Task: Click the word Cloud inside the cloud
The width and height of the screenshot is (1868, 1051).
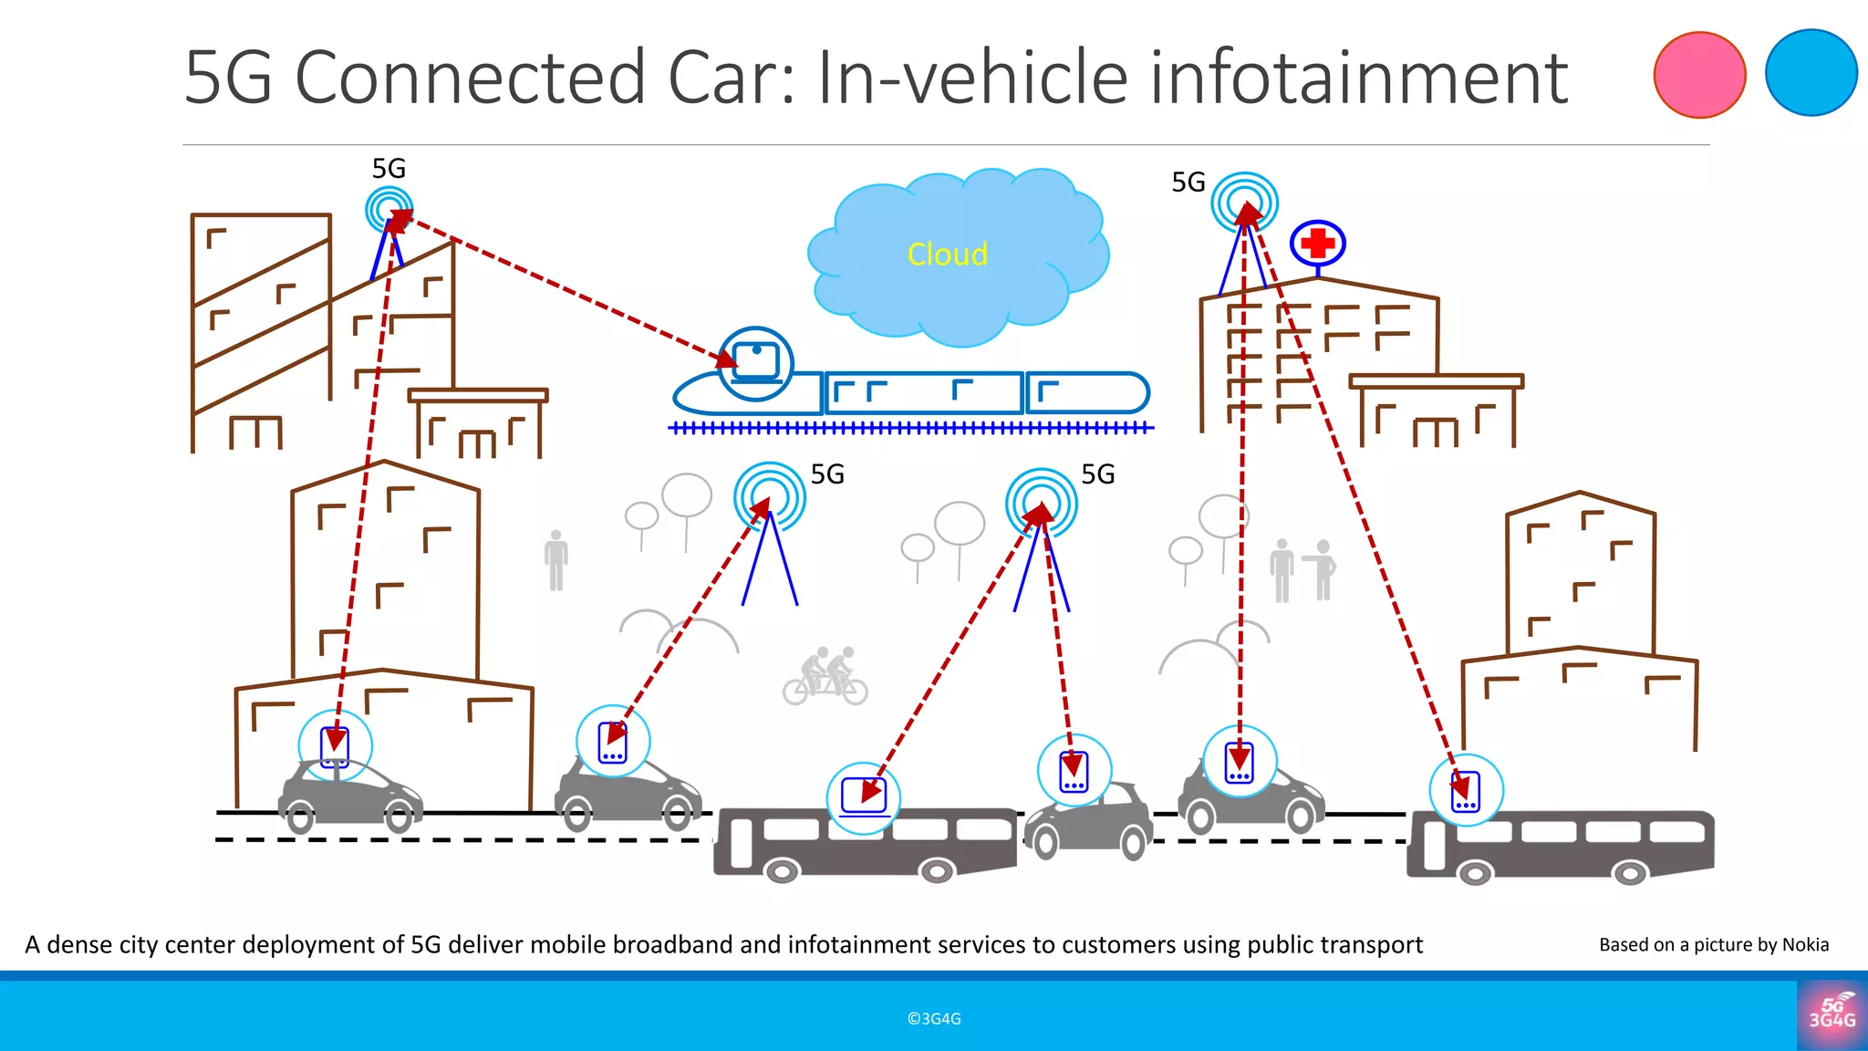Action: pos(947,255)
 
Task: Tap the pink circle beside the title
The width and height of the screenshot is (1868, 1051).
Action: pos(1699,75)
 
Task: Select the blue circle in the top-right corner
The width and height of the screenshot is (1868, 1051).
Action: pos(1811,73)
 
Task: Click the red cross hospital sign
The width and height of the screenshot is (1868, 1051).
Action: pos(1317,244)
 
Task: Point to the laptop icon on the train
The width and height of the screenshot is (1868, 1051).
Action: pos(756,362)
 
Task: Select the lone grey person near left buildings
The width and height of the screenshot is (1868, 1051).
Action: pos(555,560)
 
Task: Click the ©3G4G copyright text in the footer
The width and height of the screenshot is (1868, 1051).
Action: pos(934,1019)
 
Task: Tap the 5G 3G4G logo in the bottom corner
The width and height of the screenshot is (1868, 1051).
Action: pos(1832,1015)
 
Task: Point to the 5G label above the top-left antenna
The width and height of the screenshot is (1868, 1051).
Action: pos(389,169)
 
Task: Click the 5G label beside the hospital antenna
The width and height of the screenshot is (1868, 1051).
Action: pos(1188,182)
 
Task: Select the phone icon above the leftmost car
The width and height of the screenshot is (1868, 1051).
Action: pos(335,747)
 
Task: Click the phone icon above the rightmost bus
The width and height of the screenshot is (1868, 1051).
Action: pos(1465,791)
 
